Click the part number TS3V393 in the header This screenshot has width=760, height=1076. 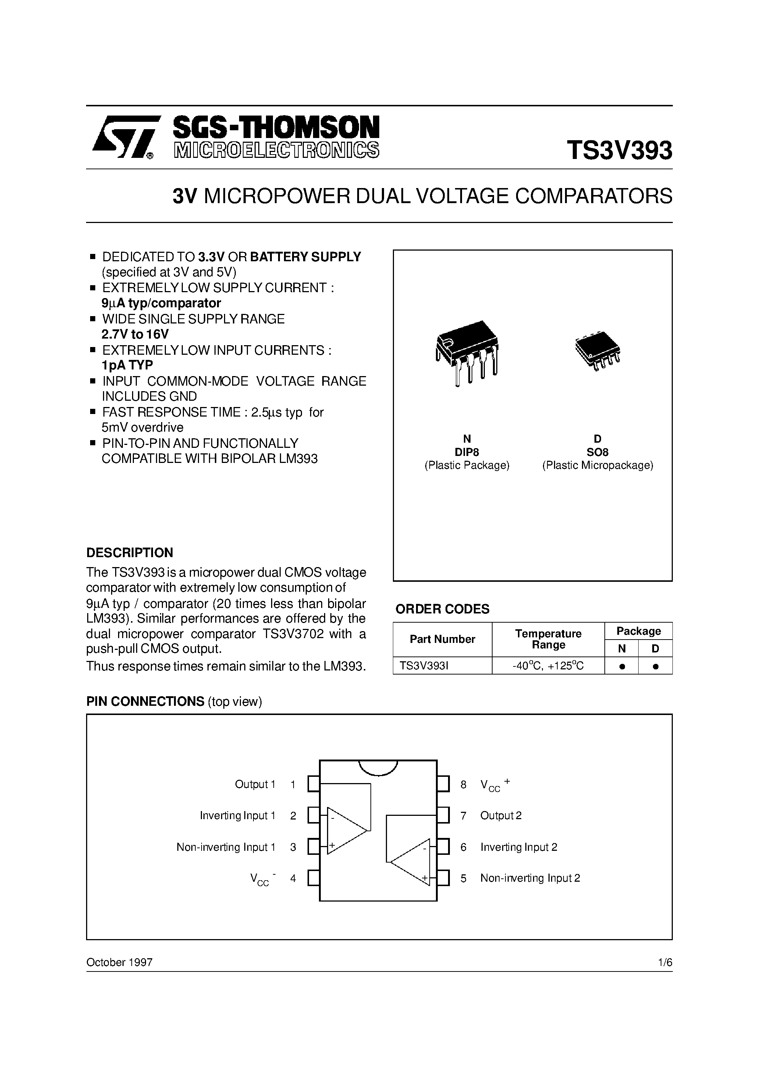click(x=619, y=151)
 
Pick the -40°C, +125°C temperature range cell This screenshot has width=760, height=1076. click(x=548, y=665)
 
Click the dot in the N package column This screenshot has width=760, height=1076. click(x=622, y=666)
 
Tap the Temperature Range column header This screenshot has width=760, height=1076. click(x=548, y=639)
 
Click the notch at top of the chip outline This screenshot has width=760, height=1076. click(x=378, y=767)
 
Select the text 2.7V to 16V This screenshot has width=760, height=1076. click(x=135, y=334)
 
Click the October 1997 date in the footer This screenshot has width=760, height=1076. click(x=120, y=963)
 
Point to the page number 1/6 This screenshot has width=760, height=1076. click(x=665, y=963)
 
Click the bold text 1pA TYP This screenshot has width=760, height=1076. click(x=127, y=365)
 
